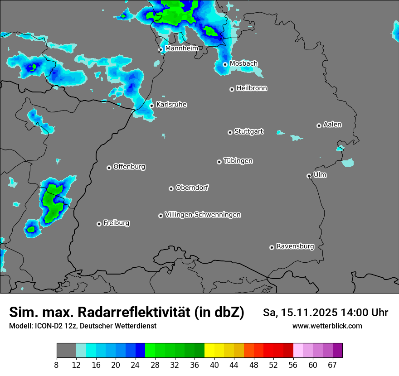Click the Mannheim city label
click(x=181, y=48)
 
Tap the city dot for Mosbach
click(x=225, y=64)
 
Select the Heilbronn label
click(x=252, y=88)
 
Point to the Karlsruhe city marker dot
click(x=151, y=106)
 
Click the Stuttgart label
click(x=248, y=131)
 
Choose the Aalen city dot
click(x=319, y=125)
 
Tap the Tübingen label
click(x=238, y=161)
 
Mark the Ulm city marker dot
click(x=309, y=176)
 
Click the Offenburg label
click(x=129, y=166)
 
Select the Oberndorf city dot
click(x=171, y=188)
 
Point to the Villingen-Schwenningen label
click(x=203, y=214)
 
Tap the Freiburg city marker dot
click(x=99, y=224)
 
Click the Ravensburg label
click(x=295, y=246)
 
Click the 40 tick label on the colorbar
click(x=214, y=365)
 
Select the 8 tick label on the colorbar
click(x=57, y=365)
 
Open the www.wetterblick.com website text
click(x=327, y=326)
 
